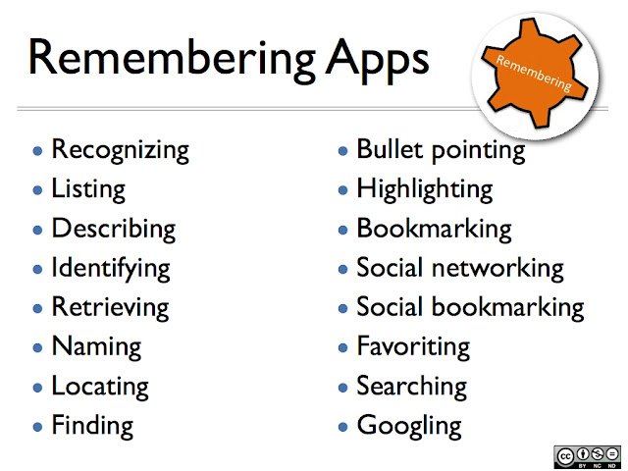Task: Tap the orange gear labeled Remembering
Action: (534, 73)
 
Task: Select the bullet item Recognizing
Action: (120, 150)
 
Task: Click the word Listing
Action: (88, 189)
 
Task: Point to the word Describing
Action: (113, 229)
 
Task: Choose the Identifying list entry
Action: (110, 268)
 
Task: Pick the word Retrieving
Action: (108, 307)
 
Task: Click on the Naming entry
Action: (96, 346)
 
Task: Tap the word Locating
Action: (100, 386)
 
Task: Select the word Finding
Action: (92, 425)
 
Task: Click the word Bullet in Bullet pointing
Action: (387, 150)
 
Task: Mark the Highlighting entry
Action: (424, 189)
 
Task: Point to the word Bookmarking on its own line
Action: (434, 229)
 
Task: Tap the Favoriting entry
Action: (413, 346)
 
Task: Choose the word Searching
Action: (412, 386)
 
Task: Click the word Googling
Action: (408, 425)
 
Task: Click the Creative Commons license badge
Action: (585, 456)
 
